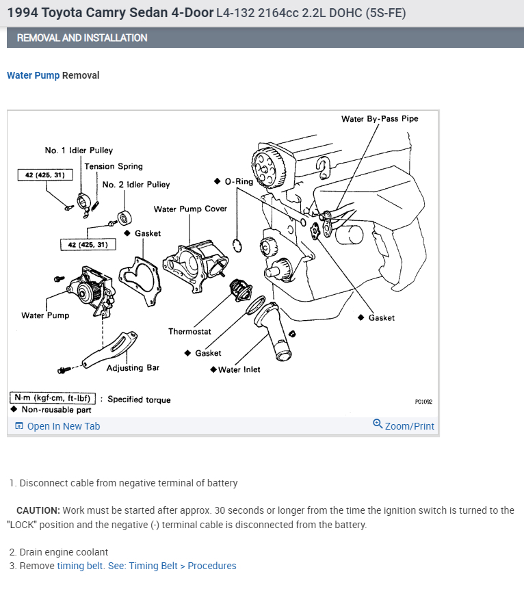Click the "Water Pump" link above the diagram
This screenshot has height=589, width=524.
point(33,75)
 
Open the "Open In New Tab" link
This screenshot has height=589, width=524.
point(63,426)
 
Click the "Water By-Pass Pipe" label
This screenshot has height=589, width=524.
point(380,118)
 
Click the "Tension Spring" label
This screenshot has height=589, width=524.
point(114,166)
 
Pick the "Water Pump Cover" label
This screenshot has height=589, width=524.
point(190,209)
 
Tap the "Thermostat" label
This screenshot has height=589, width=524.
point(189,332)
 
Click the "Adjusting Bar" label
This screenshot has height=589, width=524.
point(133,368)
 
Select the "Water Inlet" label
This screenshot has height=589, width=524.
point(239,369)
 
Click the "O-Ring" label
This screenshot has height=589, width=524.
point(238,181)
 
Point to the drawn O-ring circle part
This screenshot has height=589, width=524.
point(237,245)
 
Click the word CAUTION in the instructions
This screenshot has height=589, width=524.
point(38,510)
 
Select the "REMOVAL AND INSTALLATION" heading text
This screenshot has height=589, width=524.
point(82,38)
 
